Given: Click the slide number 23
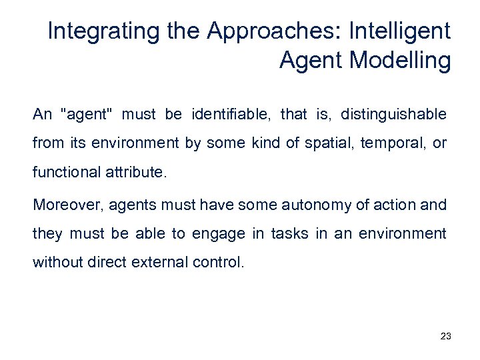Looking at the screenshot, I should point(446,337).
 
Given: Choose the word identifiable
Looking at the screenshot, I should point(231,115).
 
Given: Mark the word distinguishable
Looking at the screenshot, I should point(393,115).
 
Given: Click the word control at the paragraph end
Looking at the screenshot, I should point(213,263).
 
